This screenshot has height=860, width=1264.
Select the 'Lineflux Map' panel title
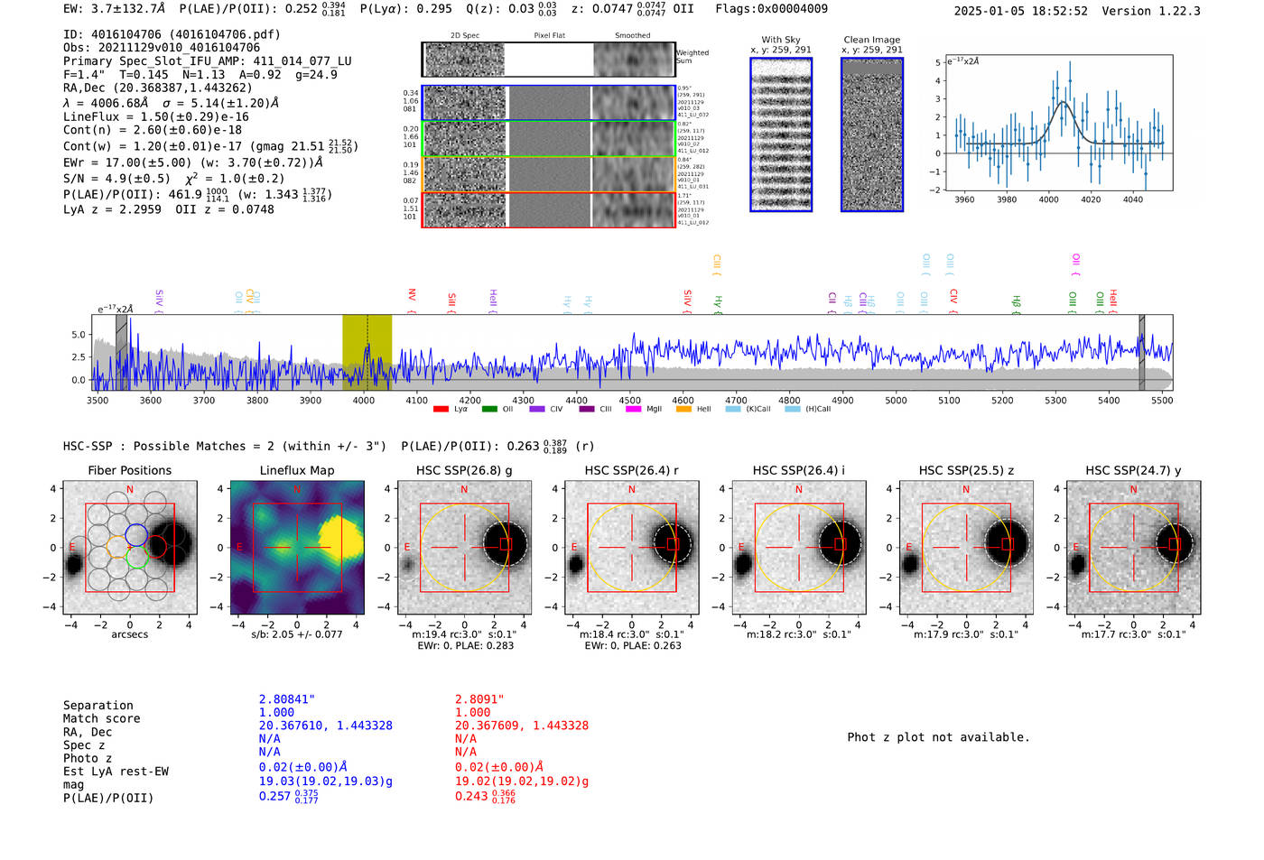coord(297,470)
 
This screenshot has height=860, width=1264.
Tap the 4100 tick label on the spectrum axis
coord(416,400)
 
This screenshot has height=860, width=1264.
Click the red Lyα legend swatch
coord(441,410)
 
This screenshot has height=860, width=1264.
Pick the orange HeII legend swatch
coord(683,410)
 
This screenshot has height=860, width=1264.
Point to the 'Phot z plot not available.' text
coord(938,737)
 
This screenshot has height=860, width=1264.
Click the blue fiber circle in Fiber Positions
coord(135,534)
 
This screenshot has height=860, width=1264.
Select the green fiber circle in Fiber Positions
coord(137,558)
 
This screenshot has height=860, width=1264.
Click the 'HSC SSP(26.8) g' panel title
coord(464,470)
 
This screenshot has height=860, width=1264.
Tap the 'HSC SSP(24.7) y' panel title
coord(1133,470)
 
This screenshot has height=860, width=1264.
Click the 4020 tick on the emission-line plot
coord(1091,199)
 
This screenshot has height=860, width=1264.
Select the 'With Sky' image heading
coord(781,40)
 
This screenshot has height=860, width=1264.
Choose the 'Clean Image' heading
coord(871,40)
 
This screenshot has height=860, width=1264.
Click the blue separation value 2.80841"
coord(287,699)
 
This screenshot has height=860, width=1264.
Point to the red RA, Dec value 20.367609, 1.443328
coord(522,726)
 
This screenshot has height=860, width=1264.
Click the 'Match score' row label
coord(101,718)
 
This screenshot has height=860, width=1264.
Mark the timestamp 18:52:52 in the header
coord(1057,11)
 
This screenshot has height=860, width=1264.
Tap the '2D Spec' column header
coord(465,36)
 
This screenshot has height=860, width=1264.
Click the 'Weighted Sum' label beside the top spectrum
coord(692,56)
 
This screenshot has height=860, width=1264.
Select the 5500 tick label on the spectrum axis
coord(1161,400)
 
